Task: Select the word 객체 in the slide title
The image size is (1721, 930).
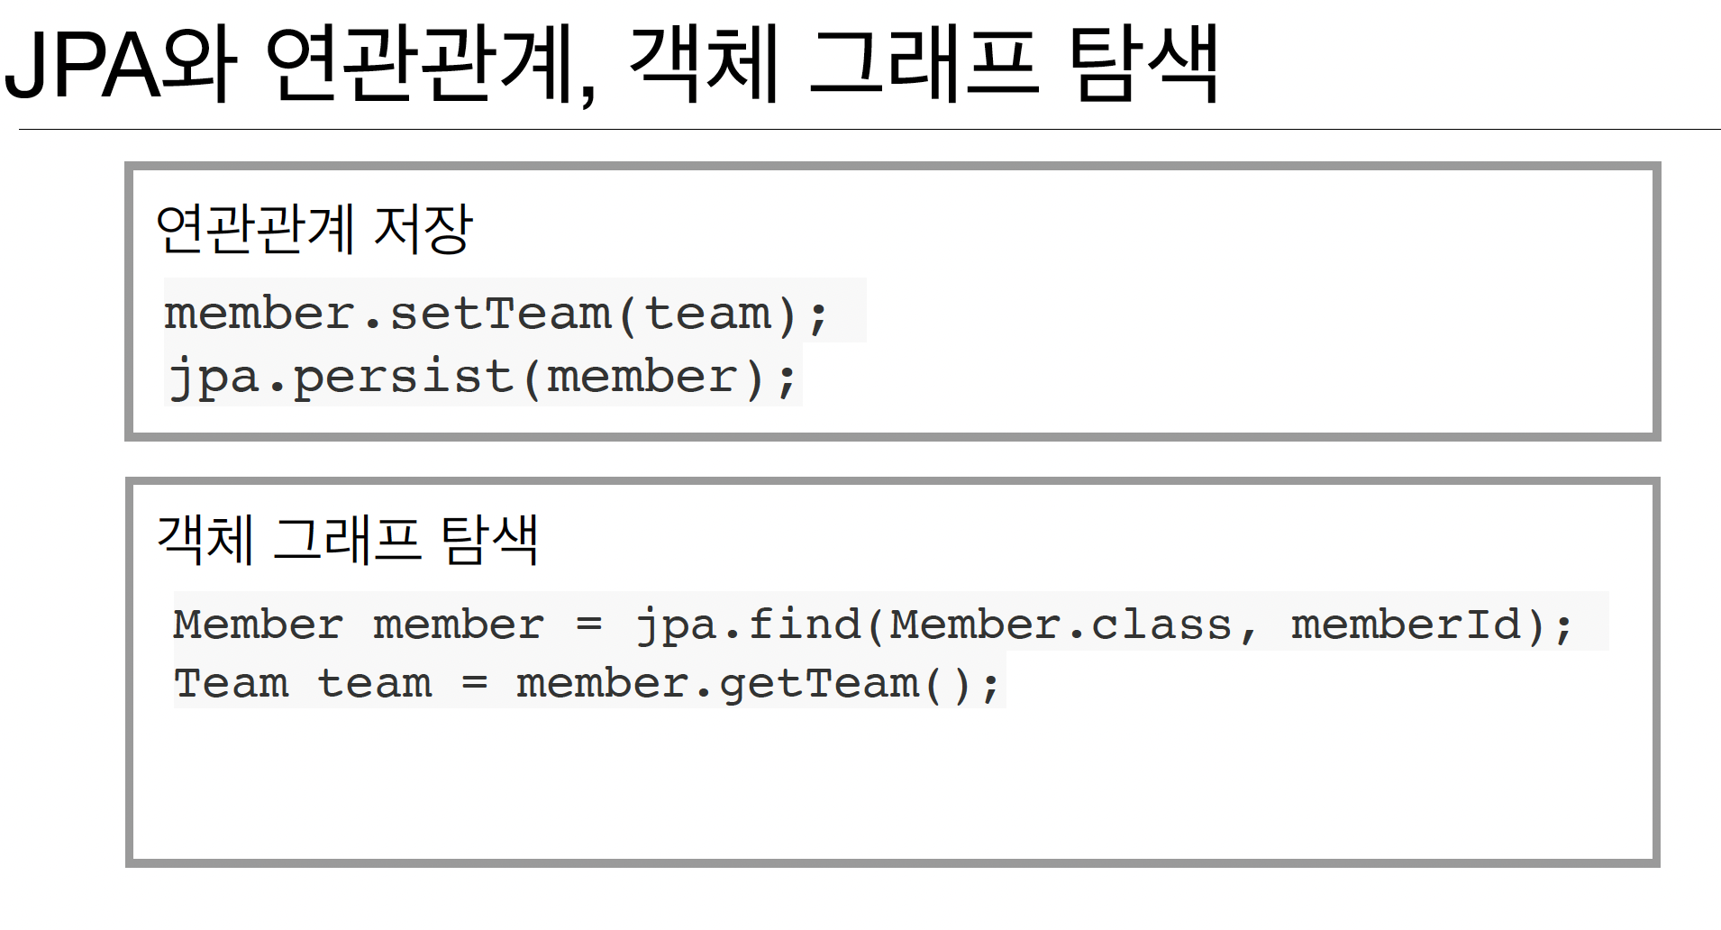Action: (x=703, y=65)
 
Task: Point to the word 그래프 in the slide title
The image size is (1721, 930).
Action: (x=924, y=65)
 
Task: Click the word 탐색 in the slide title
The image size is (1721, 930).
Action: (x=1143, y=65)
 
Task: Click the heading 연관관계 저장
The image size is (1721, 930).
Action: (x=314, y=229)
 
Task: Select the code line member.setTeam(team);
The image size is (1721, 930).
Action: (x=496, y=314)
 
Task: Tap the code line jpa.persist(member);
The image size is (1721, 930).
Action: (x=483, y=377)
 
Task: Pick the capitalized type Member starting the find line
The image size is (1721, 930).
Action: (x=259, y=625)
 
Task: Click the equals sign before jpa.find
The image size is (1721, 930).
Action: (x=588, y=625)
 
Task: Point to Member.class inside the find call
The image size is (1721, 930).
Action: (x=1060, y=625)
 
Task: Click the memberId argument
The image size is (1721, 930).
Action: (x=1406, y=625)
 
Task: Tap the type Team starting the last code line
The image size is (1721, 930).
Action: (x=232, y=683)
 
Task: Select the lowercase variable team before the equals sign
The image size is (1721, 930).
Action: (x=375, y=683)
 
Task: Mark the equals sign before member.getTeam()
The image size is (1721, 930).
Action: (x=475, y=683)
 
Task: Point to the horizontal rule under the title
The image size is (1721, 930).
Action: (x=865, y=130)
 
